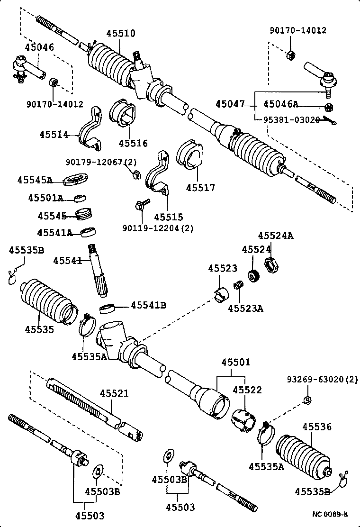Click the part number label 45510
(x=120, y=34)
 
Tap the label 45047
(x=230, y=104)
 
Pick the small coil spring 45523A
(x=239, y=286)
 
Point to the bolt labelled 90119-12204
(x=142, y=206)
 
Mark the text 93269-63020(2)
(x=322, y=380)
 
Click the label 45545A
(x=35, y=180)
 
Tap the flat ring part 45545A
(x=76, y=180)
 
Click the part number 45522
(x=247, y=390)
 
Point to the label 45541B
(x=148, y=305)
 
